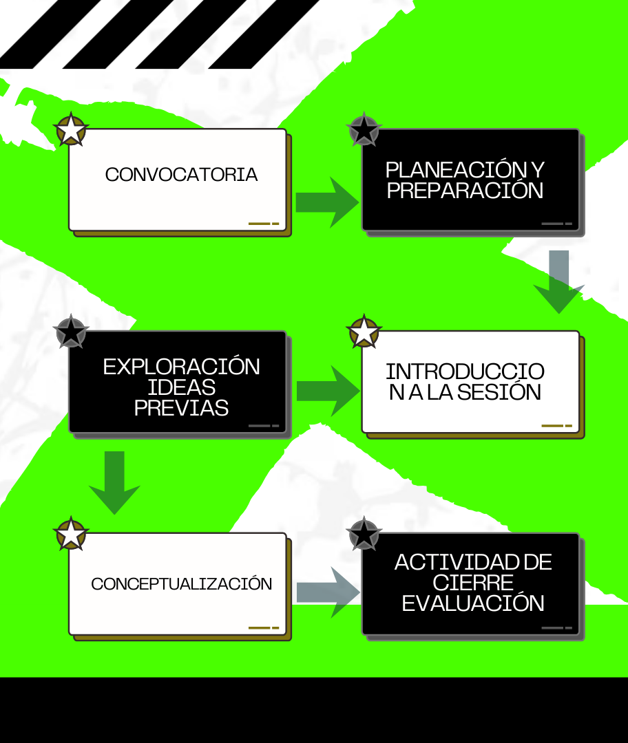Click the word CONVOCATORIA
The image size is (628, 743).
[181, 175]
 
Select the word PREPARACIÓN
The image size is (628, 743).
[465, 191]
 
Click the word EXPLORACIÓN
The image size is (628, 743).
[182, 367]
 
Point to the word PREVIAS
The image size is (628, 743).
[181, 408]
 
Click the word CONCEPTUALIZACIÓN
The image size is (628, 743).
[181, 584]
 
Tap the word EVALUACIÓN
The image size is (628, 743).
[473, 603]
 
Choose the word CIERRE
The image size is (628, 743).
[473, 583]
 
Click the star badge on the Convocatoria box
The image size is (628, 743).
[71, 131]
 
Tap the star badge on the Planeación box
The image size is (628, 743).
[364, 130]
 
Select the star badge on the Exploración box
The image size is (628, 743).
[71, 332]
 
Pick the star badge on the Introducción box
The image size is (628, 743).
[364, 332]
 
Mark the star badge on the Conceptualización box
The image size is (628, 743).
[71, 535]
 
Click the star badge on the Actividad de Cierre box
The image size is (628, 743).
[364, 535]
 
